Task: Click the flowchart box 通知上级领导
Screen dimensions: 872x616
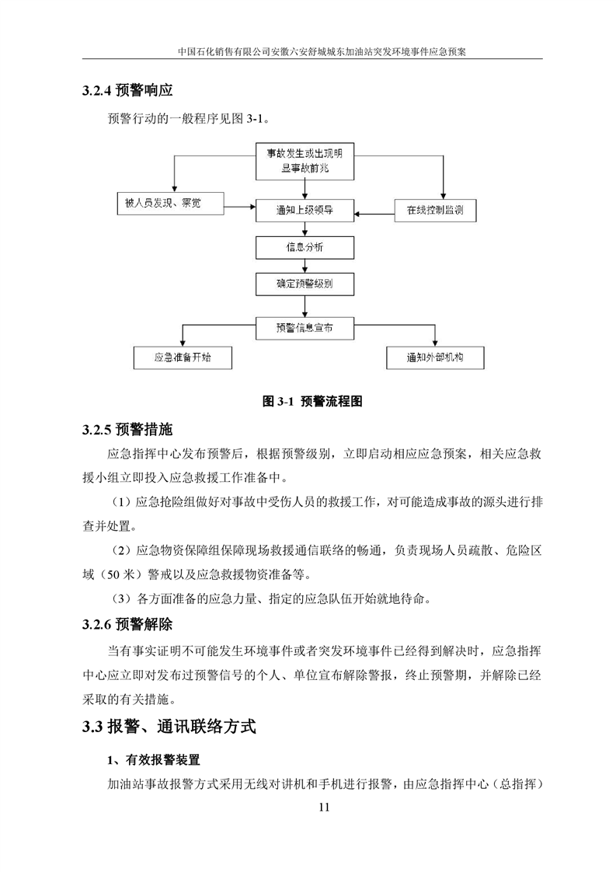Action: point(305,209)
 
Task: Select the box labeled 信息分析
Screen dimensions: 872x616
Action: point(305,247)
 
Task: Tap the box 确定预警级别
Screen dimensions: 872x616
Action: point(305,284)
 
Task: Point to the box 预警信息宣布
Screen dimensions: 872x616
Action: point(305,327)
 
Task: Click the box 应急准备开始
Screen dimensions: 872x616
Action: point(182,358)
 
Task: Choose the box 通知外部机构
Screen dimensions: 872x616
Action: point(435,358)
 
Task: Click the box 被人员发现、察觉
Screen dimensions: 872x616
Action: point(169,204)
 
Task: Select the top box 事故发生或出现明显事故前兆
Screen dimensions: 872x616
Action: point(305,161)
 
